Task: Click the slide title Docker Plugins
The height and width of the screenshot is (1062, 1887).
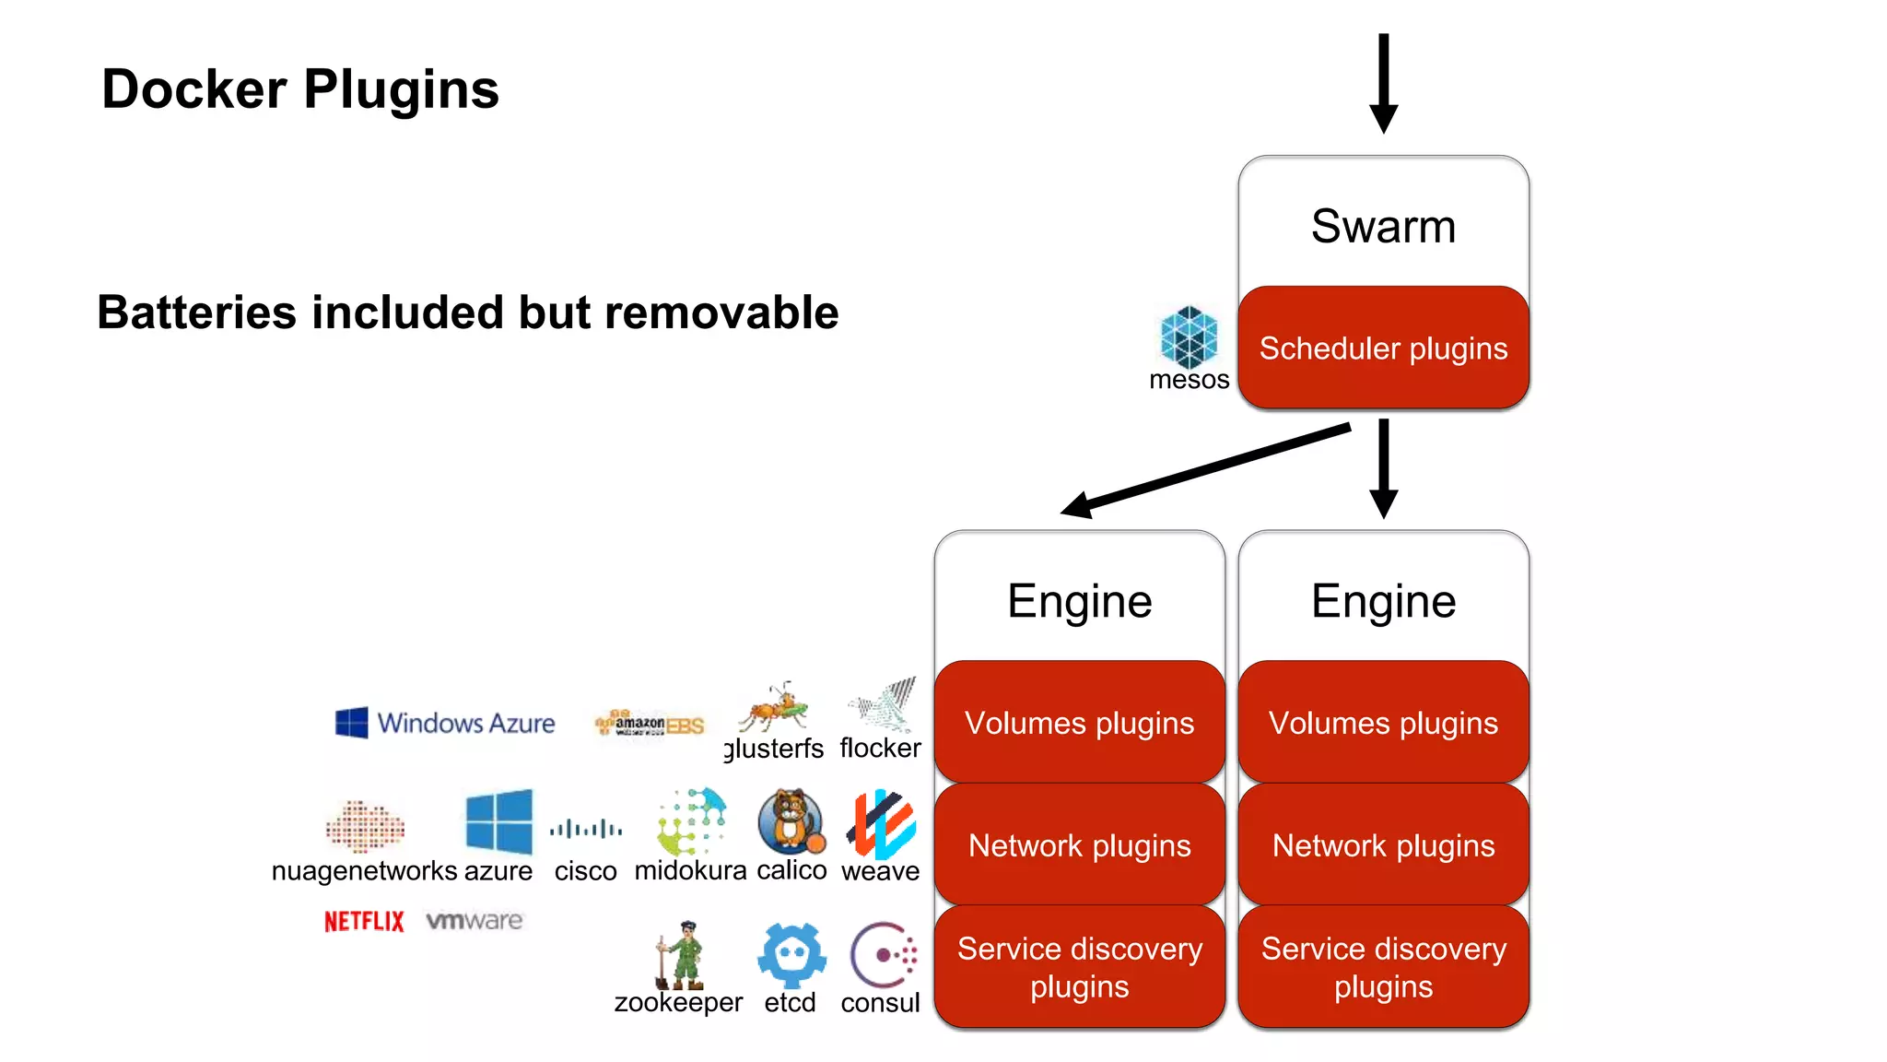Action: click(300, 89)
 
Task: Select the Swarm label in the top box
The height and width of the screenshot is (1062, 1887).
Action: click(1383, 227)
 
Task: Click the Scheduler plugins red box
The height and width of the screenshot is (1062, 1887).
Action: click(1383, 348)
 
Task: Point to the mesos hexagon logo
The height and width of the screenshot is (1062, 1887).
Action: click(1189, 337)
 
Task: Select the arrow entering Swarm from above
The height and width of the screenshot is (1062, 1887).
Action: click(1383, 83)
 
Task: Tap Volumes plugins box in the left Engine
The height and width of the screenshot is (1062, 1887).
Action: click(1079, 723)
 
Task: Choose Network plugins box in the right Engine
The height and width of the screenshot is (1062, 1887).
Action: click(1383, 845)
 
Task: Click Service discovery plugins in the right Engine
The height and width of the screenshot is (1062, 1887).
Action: click(1383, 967)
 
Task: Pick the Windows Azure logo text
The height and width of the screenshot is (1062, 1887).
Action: click(466, 723)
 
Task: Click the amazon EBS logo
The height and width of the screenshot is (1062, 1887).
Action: click(650, 725)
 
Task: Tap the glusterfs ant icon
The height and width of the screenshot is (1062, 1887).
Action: click(774, 708)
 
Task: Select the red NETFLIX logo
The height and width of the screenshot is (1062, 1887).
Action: click(364, 921)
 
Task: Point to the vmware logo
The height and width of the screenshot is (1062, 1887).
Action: click(475, 920)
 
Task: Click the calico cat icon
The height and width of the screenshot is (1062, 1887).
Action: click(791, 820)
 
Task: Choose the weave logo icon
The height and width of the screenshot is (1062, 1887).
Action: click(881, 823)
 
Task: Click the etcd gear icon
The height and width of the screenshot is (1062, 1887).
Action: click(791, 955)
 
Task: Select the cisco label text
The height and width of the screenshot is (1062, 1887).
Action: click(585, 871)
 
